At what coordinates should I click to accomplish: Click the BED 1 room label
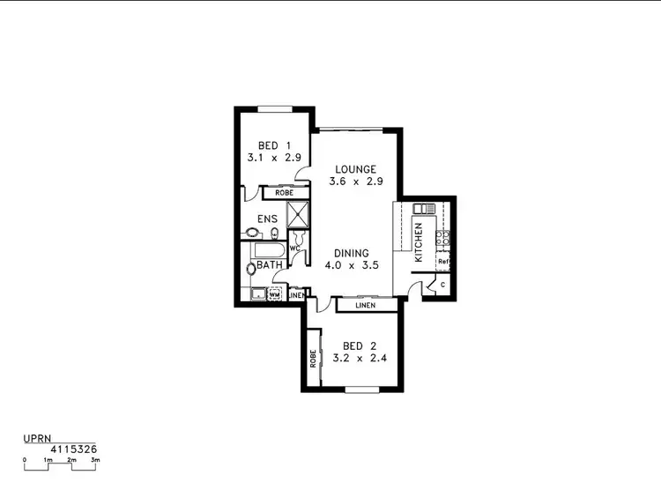269,145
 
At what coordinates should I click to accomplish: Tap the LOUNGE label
356,169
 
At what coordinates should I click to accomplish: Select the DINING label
351,253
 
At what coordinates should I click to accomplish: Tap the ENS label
267,219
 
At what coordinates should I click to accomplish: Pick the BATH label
270,264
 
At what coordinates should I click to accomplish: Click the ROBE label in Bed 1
284,192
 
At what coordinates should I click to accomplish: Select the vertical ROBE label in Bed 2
313,359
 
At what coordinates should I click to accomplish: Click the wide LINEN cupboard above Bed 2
365,306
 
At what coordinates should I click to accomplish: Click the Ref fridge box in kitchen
443,262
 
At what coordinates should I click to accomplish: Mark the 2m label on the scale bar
71,460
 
